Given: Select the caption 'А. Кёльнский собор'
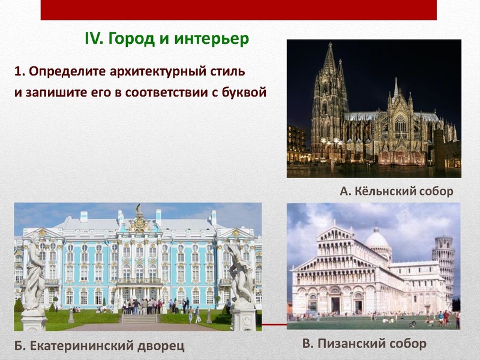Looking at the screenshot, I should click(x=396, y=191).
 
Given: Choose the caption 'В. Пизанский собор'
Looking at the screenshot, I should click(x=364, y=343).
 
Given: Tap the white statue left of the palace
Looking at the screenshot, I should click(x=34, y=270).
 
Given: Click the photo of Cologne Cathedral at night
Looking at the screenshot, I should click(x=373, y=108).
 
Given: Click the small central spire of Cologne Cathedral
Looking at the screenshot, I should click(x=395, y=90).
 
